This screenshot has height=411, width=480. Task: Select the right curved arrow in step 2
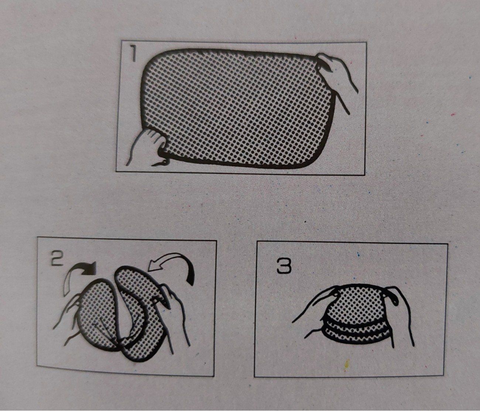pyautogui.click(x=174, y=268)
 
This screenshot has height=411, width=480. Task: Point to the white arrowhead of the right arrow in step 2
pyautogui.click(x=153, y=265)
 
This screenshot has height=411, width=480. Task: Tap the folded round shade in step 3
pyautogui.click(x=356, y=310)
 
